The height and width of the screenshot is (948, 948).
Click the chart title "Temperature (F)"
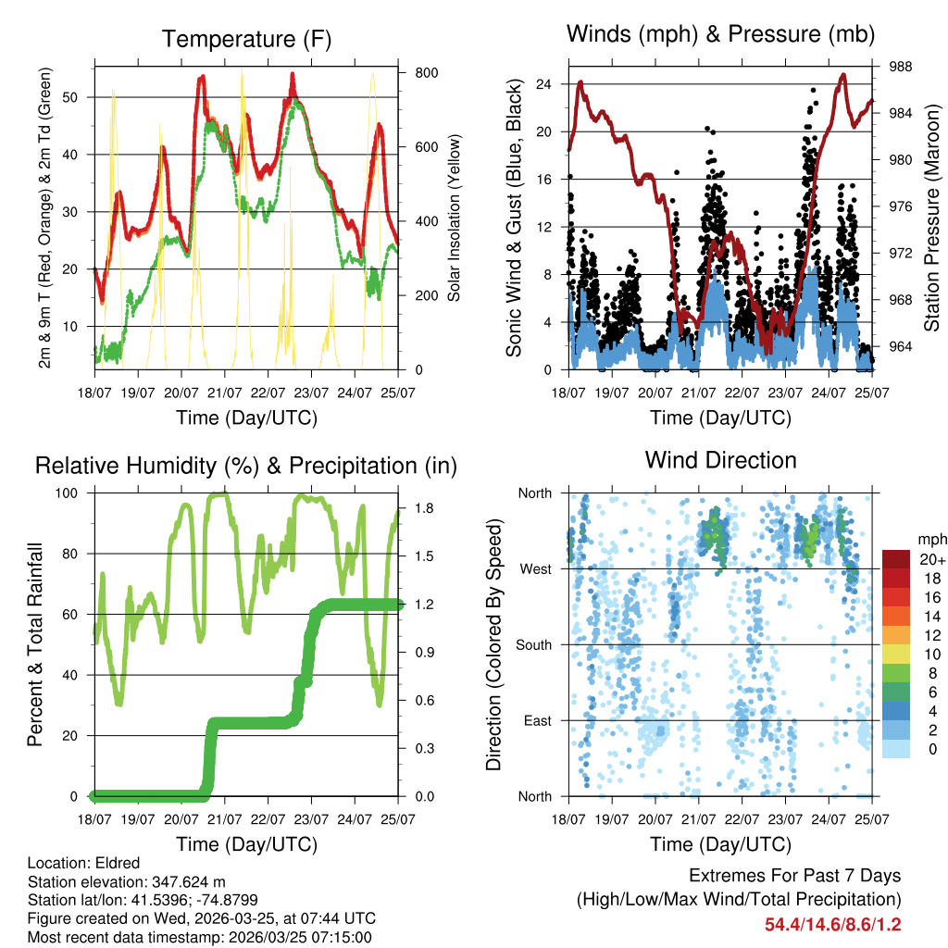point(246,39)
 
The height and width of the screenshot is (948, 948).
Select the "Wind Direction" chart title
point(720,459)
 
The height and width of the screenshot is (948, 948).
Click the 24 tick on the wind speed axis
point(544,84)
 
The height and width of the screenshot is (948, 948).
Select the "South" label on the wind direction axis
point(532,644)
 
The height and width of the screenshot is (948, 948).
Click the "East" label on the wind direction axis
point(536,720)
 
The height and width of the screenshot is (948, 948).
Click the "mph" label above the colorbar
point(929,539)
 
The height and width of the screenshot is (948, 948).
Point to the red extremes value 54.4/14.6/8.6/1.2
point(833,924)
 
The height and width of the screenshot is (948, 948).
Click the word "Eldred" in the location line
point(111,864)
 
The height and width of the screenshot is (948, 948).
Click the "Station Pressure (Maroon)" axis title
point(932,218)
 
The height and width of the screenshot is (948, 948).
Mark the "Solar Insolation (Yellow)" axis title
point(454,218)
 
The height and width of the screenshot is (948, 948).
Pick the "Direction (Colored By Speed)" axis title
point(493,644)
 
